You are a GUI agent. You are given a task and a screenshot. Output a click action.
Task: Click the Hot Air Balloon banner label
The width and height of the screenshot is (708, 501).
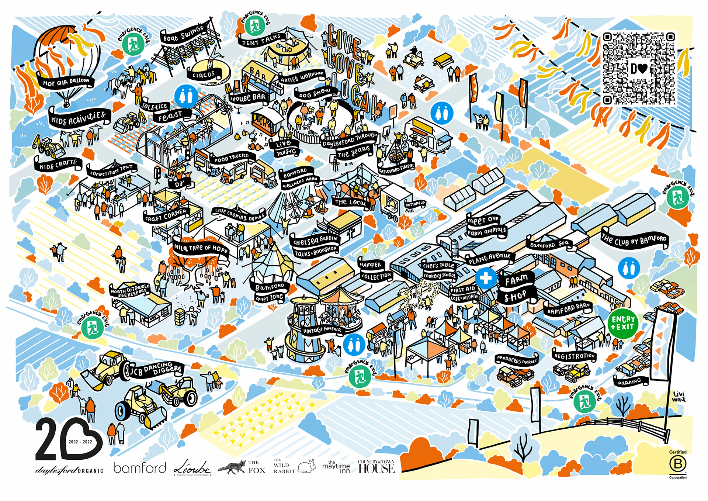coord(66,82)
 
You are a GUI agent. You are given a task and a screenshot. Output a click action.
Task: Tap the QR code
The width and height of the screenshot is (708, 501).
coord(639,69)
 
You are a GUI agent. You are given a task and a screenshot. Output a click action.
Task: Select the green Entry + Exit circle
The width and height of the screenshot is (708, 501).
coord(623,323)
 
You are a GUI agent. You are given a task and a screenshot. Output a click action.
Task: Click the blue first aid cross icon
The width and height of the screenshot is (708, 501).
coord(486,277)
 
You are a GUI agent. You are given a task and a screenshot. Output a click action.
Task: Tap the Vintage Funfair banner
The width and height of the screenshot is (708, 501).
coord(322,329)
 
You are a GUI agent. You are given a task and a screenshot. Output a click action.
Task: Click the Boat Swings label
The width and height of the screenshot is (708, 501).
coord(183,34)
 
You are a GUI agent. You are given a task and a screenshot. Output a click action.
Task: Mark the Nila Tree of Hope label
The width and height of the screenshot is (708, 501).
coord(201,249)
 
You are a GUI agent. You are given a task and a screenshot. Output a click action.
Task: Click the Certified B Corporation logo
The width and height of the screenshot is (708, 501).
coord(678,465)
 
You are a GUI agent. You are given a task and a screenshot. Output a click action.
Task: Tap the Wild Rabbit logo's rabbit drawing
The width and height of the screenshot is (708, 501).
coord(307,466)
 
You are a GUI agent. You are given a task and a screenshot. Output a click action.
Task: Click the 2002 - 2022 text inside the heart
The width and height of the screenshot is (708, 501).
coord(80,442)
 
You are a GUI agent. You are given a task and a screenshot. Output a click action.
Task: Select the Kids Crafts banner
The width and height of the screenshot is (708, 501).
coord(58,165)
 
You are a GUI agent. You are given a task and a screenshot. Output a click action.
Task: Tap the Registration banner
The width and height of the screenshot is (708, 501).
coord(574,356)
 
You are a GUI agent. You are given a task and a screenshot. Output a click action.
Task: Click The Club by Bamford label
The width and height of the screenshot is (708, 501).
coord(634,240)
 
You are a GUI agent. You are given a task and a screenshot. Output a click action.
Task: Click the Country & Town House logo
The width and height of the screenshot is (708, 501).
coord(376,467)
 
